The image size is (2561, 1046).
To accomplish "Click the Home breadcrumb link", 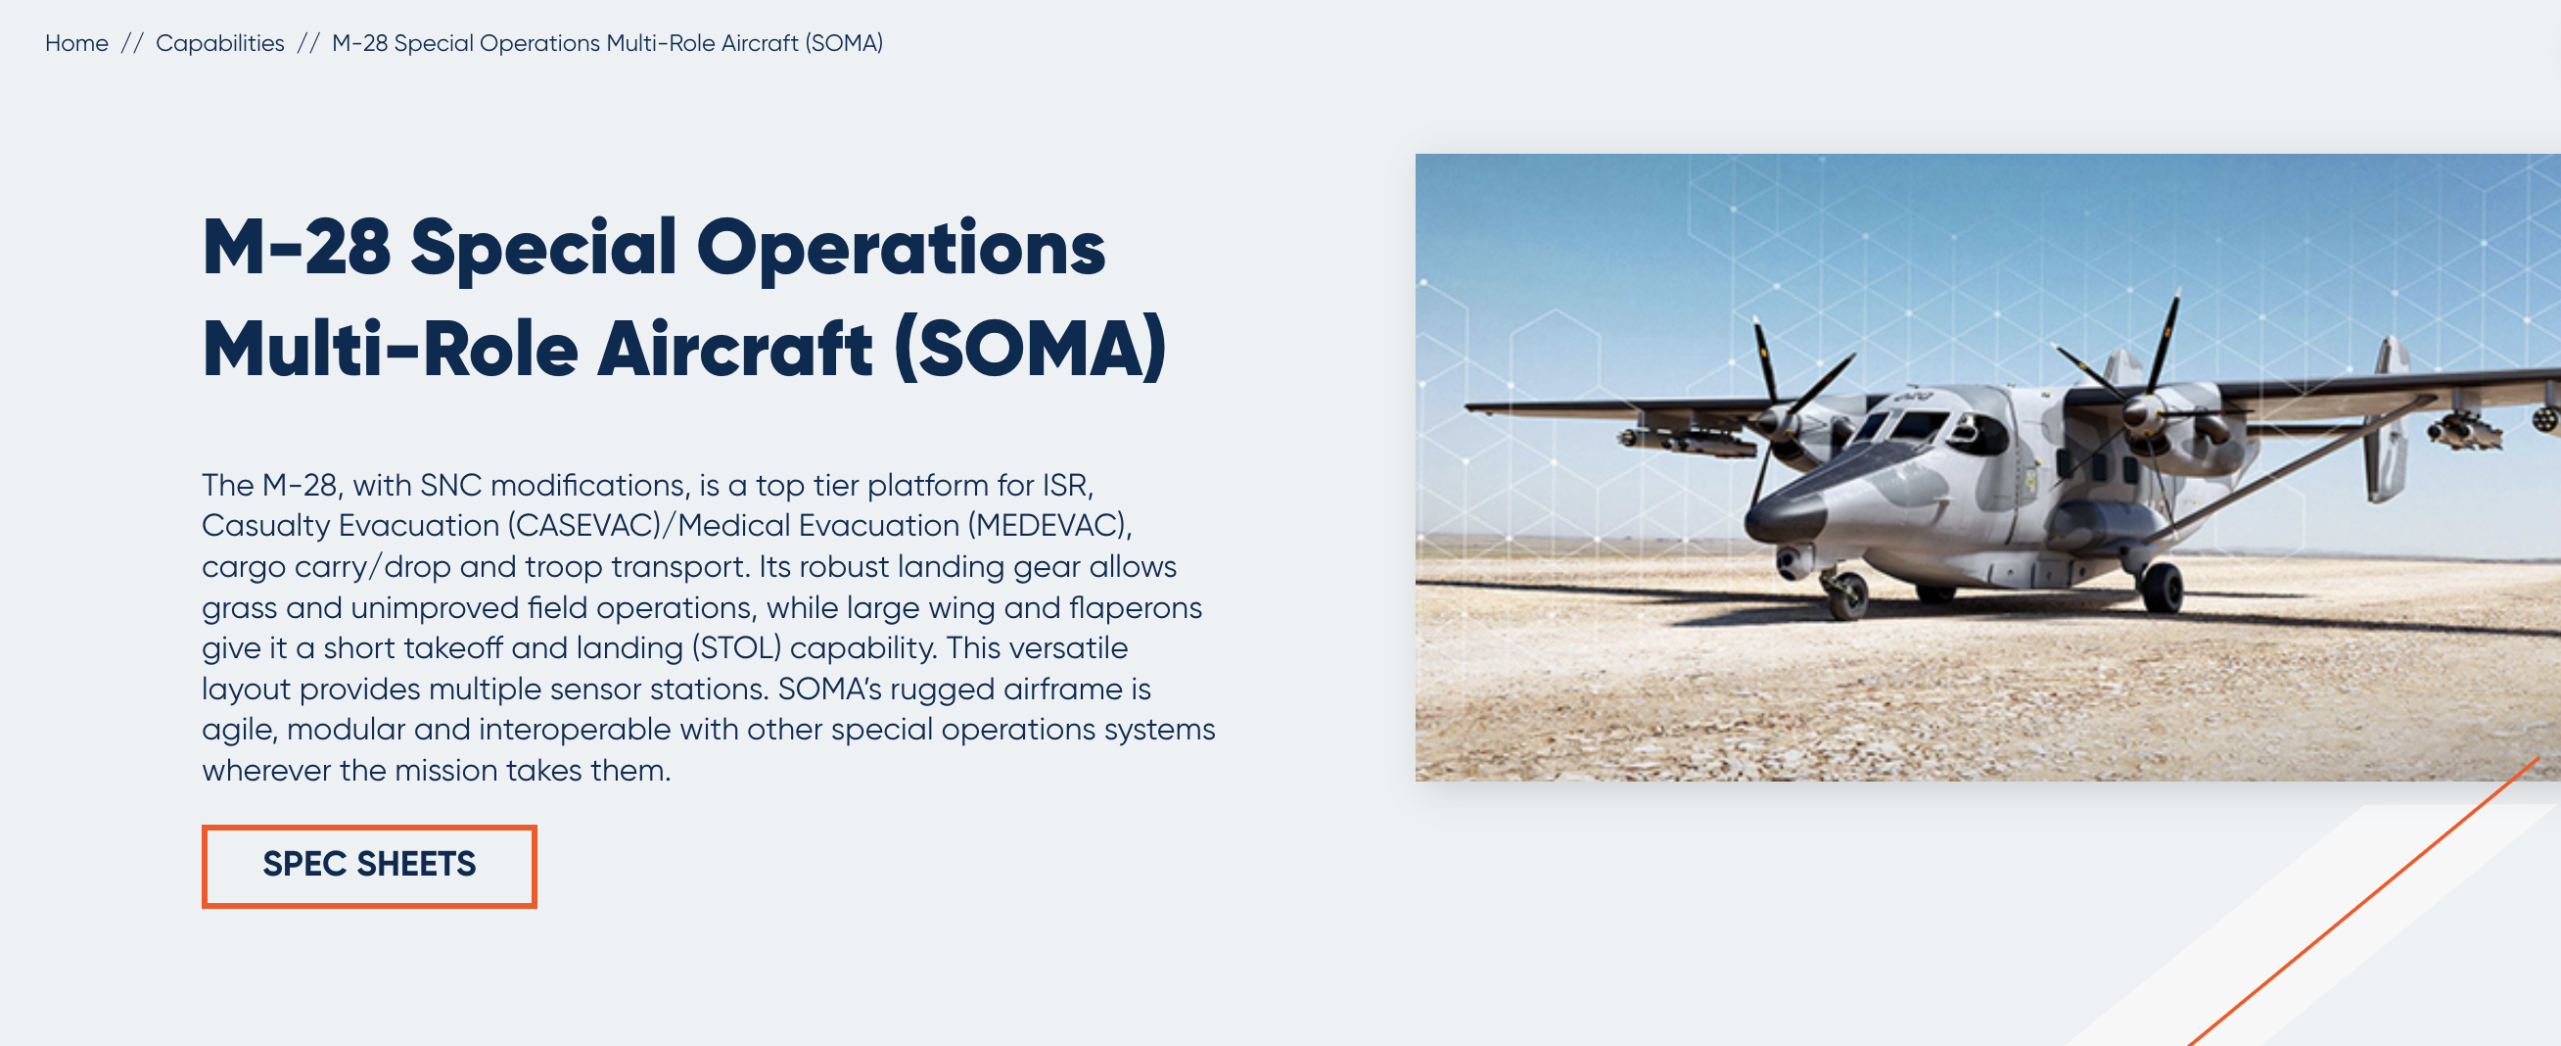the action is click(76, 43).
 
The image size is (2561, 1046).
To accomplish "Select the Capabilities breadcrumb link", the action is click(219, 44).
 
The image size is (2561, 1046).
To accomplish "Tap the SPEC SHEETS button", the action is click(369, 865).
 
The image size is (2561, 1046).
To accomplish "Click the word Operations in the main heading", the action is click(901, 250).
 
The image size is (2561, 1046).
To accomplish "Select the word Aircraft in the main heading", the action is click(735, 349).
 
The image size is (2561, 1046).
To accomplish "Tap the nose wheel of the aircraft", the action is click(1848, 594).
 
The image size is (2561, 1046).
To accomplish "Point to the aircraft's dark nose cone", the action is click(1784, 518).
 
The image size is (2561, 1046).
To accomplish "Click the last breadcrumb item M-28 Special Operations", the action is click(607, 44).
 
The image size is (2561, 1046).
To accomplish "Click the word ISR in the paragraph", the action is click(1067, 485).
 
